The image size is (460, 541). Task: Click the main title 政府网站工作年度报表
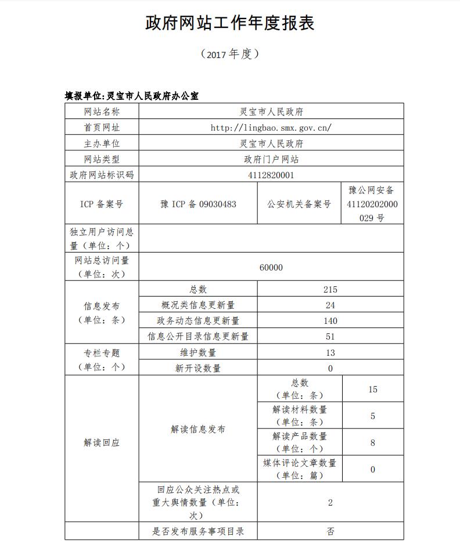coord(229,23)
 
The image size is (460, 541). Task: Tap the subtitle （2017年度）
coord(229,54)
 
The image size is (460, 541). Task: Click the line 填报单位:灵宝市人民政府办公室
coord(131,96)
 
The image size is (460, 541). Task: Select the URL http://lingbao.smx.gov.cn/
coord(271,127)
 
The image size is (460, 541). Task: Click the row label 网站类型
coord(102,158)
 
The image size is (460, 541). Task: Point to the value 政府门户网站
coord(271,158)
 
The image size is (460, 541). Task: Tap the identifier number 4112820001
coord(271,174)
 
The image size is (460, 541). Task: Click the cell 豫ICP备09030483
coord(198,204)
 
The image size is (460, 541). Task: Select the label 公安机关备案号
coord(299,204)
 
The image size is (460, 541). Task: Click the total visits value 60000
coord(271,268)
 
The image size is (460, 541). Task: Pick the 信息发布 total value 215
coord(330,289)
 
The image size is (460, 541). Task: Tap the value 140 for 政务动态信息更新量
coord(330,320)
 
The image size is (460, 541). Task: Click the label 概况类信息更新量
coord(198,305)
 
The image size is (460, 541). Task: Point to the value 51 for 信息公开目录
coord(330,336)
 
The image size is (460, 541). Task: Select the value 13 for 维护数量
coord(330,352)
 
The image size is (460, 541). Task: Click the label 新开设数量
coord(198,368)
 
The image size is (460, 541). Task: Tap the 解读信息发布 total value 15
coord(373,389)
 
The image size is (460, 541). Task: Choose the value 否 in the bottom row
coord(330,531)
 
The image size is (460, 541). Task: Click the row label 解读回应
coord(102,442)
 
